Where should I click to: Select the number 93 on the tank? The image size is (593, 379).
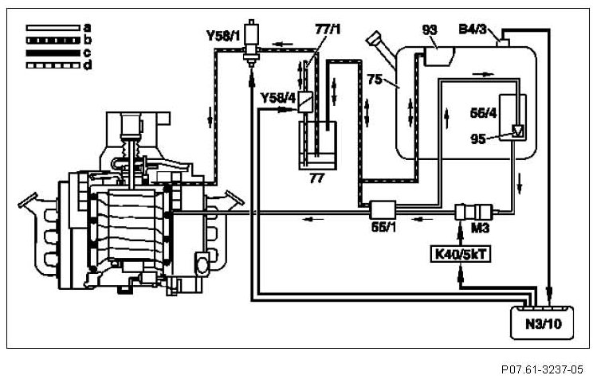click(431, 30)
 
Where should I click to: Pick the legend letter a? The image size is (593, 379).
click(86, 27)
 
